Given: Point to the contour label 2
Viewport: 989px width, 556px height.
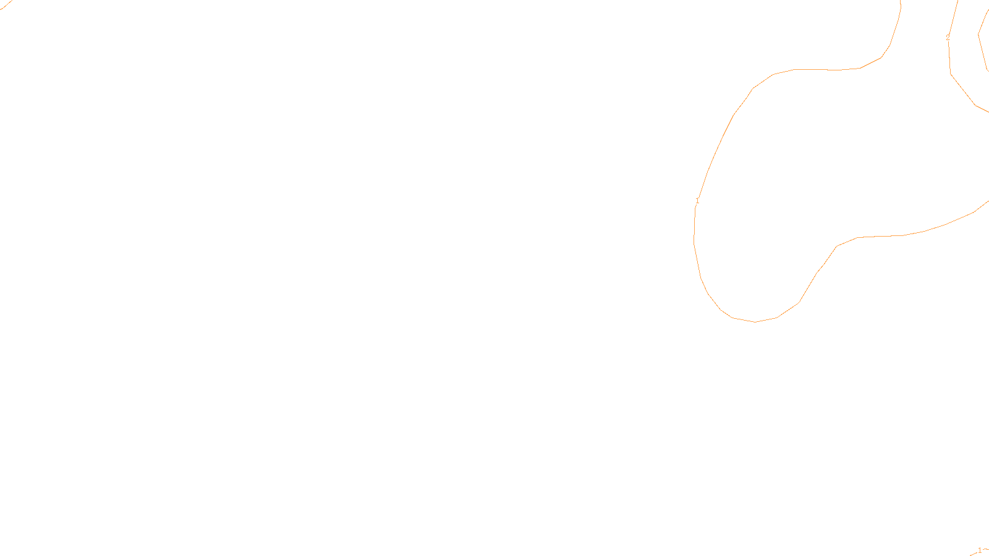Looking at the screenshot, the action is (948, 38).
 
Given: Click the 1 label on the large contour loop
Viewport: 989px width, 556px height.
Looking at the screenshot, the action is (697, 201).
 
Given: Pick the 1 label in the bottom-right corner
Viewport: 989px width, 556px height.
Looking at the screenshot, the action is (980, 550).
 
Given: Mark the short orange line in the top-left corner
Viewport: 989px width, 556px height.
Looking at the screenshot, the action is (6, 6).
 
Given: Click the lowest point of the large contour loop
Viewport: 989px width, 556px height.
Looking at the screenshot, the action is (755, 322).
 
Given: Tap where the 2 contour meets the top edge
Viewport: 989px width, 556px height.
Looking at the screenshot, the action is (957, 1).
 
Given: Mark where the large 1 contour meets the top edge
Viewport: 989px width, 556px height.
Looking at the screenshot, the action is (900, 1).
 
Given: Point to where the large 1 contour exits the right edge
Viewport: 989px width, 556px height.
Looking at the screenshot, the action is (988, 201).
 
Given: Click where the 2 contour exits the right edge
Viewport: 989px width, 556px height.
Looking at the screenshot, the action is (987, 111).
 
